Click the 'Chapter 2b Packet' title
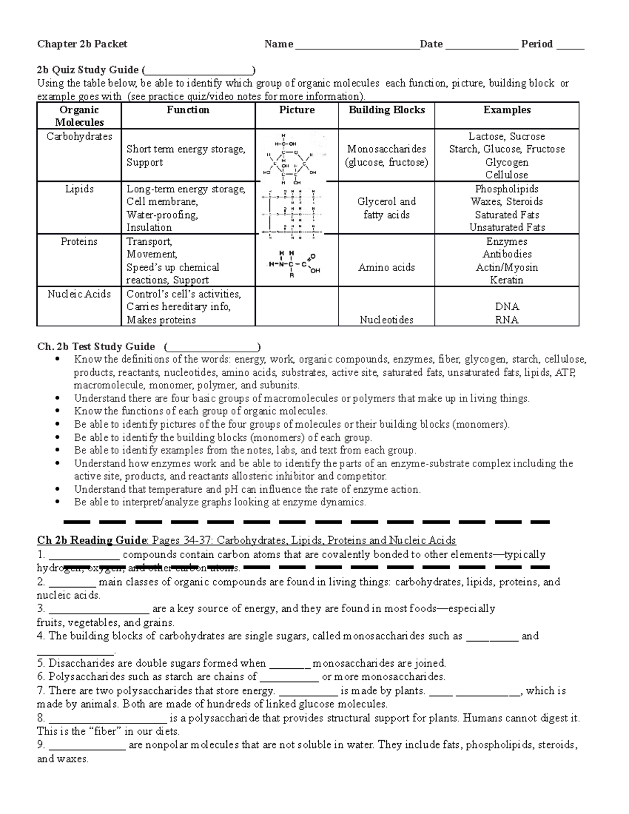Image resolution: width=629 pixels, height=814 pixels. pos(82,44)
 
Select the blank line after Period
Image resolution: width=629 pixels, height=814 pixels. pos(570,47)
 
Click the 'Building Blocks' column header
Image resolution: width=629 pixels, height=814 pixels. pos(386,110)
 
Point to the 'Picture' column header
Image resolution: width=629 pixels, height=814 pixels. pos(297,110)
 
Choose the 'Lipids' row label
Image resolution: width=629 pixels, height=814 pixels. pos(79,189)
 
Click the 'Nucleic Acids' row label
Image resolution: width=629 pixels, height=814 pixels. pos(79,294)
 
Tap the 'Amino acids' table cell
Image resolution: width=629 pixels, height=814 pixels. pos(386,267)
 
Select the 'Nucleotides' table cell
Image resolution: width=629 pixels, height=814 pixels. pos(386,320)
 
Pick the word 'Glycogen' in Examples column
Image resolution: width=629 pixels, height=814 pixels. pos(506,162)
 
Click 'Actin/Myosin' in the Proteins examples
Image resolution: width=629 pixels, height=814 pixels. pos(506,267)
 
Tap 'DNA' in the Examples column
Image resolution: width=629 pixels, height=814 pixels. pos(506,307)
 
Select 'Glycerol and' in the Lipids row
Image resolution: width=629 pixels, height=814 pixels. pos(386,202)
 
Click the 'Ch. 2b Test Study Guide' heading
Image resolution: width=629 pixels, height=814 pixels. pos(96,346)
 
